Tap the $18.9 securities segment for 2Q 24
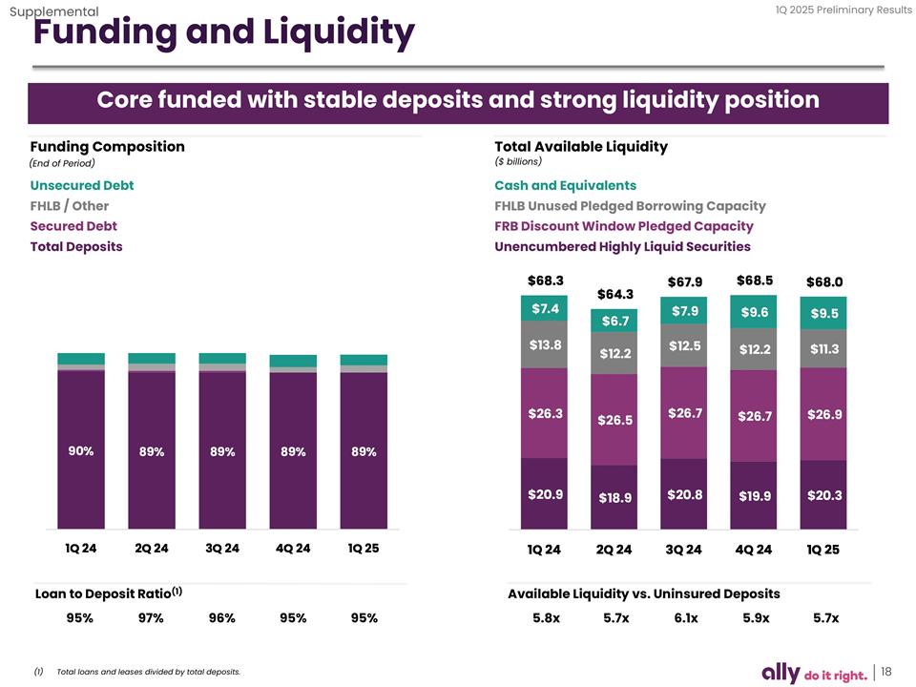615,497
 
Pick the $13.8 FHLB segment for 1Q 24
545,344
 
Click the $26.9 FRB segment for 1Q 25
824,415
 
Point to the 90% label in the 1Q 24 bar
81,451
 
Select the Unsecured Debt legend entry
82,185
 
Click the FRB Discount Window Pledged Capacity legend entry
624,226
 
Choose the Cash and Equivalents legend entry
566,185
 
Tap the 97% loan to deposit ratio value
151,617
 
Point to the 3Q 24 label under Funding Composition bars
222,549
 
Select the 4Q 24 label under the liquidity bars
755,550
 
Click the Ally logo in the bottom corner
785,673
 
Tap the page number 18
886,672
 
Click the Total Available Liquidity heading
581,147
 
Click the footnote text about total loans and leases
149,673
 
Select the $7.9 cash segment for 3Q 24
685,311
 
